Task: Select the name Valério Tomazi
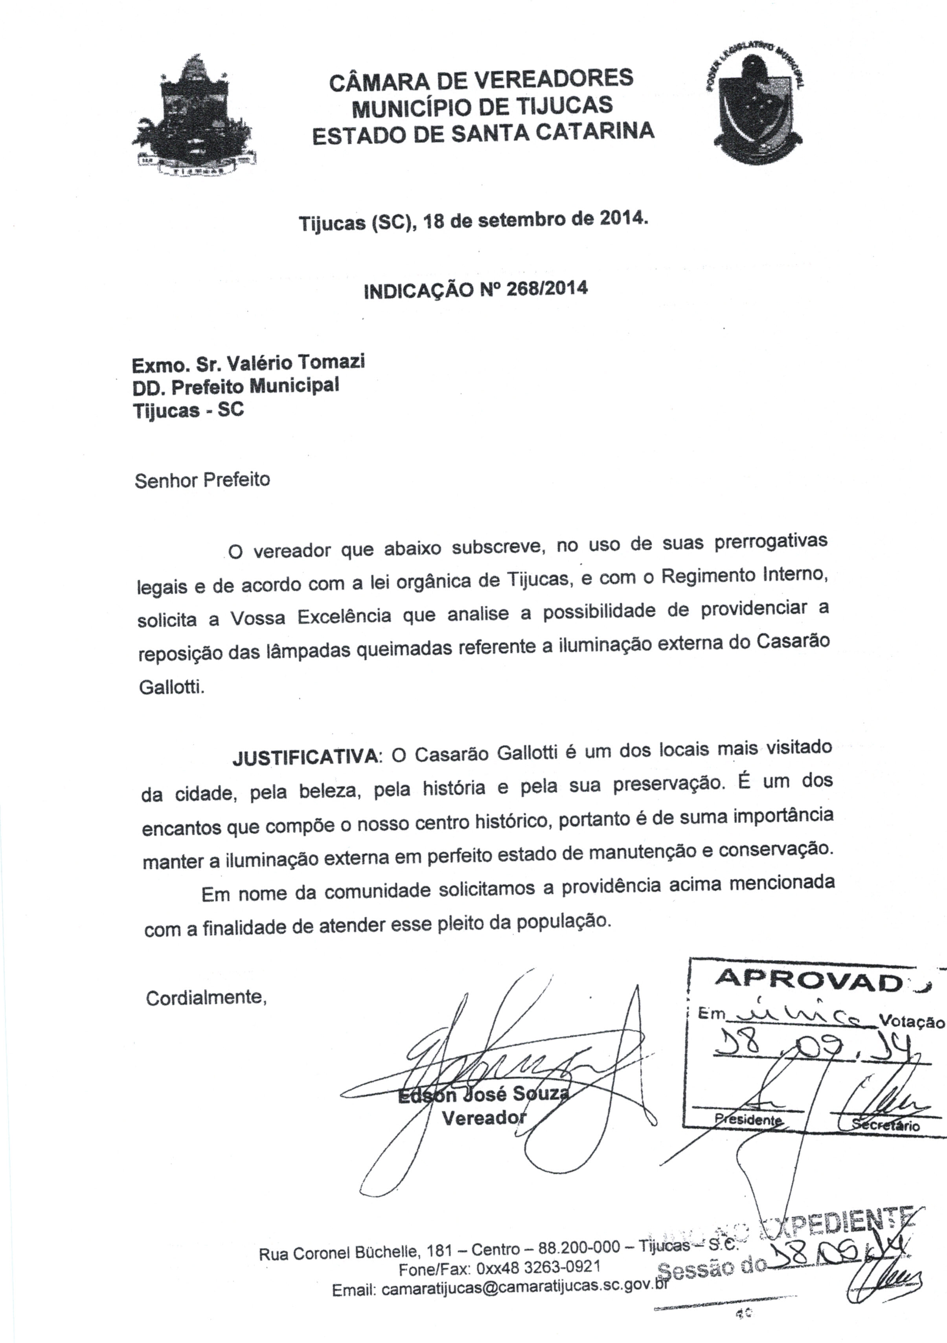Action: [x=296, y=363]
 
